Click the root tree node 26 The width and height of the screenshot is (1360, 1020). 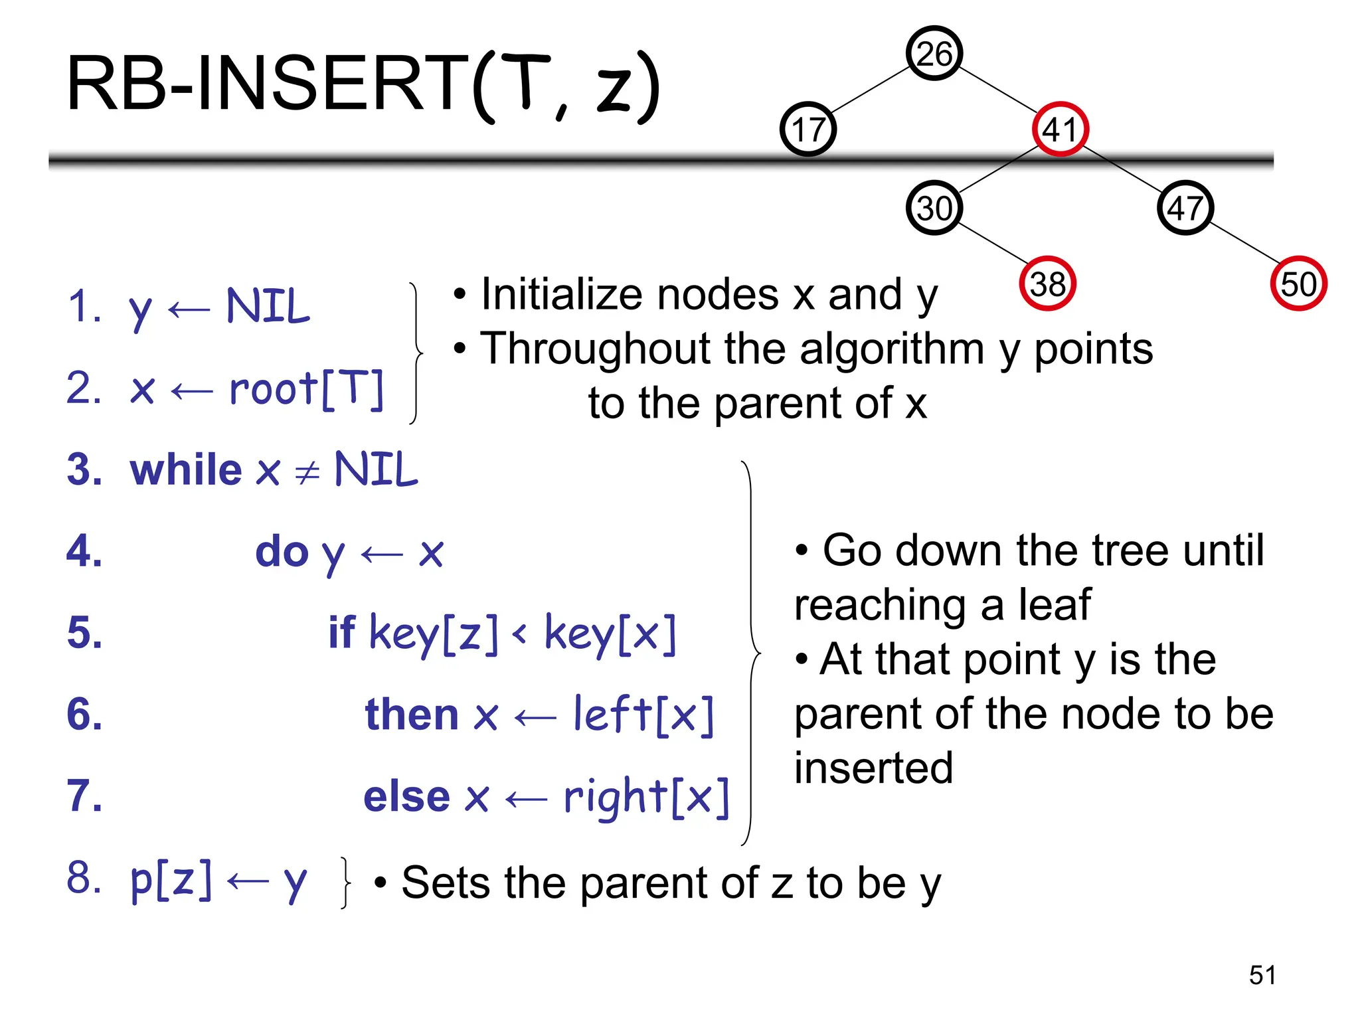[x=934, y=53]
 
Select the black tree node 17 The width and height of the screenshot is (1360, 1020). [x=807, y=129]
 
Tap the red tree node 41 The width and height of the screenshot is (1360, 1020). [x=1060, y=129]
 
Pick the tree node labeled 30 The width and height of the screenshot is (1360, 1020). [x=934, y=208]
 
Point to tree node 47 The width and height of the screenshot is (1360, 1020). [x=1185, y=208]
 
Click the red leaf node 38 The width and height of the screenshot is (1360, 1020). [x=1047, y=284]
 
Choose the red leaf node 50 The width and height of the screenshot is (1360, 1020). [x=1298, y=284]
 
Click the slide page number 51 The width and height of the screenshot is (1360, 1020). [x=1262, y=975]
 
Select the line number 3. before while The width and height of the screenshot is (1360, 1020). [x=84, y=469]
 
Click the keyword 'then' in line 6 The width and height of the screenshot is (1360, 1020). [x=412, y=715]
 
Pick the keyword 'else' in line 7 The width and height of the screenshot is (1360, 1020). [x=406, y=796]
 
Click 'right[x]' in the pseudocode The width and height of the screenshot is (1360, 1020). [x=646, y=796]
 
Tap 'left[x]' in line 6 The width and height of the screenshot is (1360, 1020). [x=643, y=715]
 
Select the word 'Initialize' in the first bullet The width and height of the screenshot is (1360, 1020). [x=563, y=294]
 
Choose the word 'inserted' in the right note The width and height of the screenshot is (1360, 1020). [x=873, y=768]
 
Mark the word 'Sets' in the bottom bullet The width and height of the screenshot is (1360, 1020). [x=445, y=883]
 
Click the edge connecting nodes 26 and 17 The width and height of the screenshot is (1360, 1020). [x=871, y=90]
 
